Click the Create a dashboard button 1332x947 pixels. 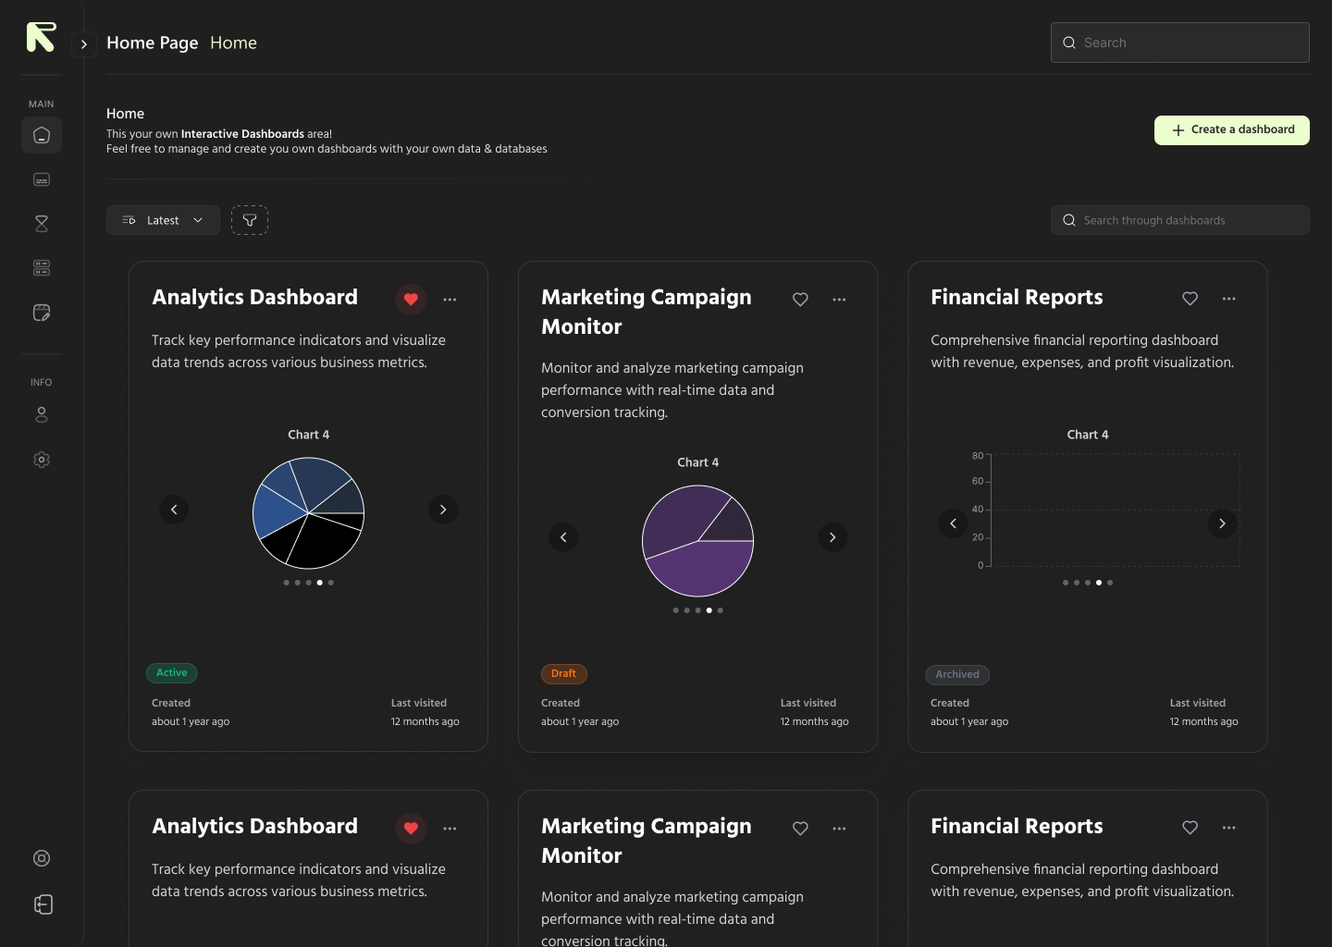[x=1231, y=130]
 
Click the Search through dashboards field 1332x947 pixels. [x=1179, y=220]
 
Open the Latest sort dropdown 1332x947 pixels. [x=163, y=220]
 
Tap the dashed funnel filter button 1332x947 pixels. [x=250, y=220]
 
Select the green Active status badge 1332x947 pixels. [x=172, y=673]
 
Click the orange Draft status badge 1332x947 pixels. [x=563, y=674]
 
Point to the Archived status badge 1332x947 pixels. [x=957, y=675]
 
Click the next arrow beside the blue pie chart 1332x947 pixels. [x=443, y=510]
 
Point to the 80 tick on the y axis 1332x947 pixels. [x=978, y=456]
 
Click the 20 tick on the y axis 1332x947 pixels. [x=978, y=537]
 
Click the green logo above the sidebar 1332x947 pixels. [x=41, y=37]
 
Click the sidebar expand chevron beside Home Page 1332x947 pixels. [x=84, y=43]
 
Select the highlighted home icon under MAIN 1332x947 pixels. [x=42, y=135]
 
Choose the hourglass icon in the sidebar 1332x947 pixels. [x=42, y=224]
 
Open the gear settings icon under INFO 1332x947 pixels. [x=42, y=460]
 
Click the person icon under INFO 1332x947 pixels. [x=42, y=415]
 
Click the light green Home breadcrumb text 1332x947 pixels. [x=233, y=43]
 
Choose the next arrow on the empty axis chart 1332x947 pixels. [x=1222, y=523]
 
